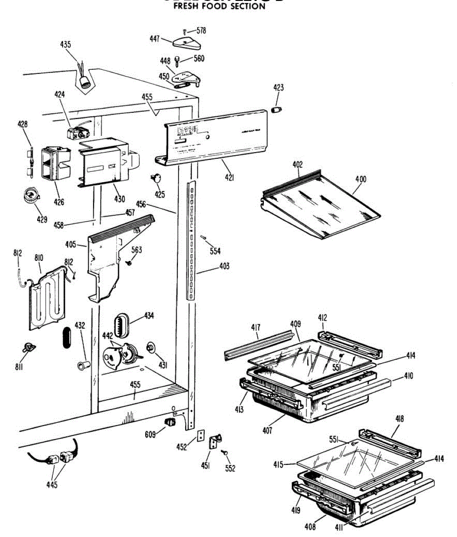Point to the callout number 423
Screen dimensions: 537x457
pyautogui.click(x=278, y=88)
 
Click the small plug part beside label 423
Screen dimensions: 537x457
pyautogui.click(x=277, y=110)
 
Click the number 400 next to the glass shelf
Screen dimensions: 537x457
pyautogui.click(x=360, y=179)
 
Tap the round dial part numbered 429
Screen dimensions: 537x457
pyautogui.click(x=31, y=196)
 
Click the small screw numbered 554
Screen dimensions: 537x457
pyautogui.click(x=203, y=238)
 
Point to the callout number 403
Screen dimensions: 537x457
pyautogui.click(x=224, y=266)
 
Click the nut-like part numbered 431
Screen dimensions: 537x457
pyautogui.click(x=151, y=347)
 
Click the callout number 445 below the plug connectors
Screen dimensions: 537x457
pyautogui.click(x=51, y=485)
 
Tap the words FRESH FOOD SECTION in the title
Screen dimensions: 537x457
pyautogui.click(x=219, y=7)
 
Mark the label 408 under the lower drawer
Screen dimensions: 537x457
pyautogui.click(x=310, y=526)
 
